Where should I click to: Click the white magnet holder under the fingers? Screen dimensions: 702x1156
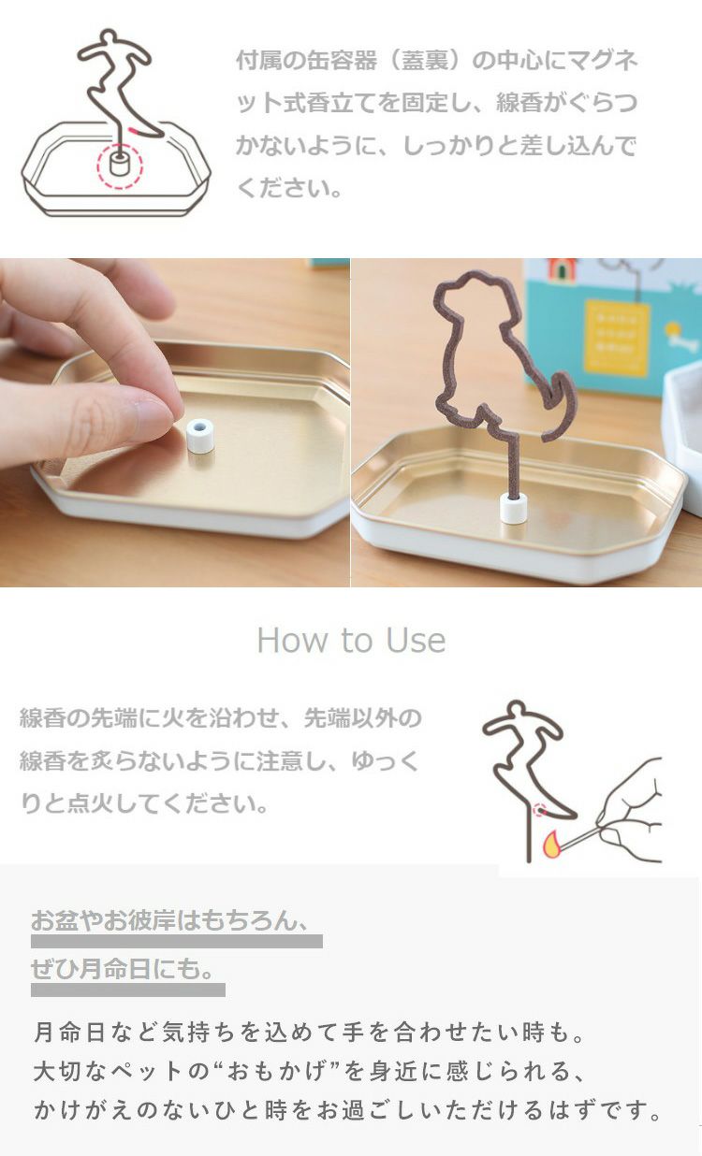[x=200, y=436]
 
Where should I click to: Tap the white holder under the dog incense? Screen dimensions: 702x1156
[x=514, y=509]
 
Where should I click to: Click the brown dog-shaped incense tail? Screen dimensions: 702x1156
[x=560, y=406]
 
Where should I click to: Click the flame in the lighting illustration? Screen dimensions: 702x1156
[x=552, y=844]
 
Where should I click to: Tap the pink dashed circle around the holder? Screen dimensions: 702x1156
[x=120, y=166]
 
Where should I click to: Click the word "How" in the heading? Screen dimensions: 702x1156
[x=291, y=641]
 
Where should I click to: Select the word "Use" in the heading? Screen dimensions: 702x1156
[x=416, y=641]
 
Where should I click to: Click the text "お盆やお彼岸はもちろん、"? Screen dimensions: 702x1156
[x=170, y=920]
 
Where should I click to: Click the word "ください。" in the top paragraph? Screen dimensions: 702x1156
[x=290, y=188]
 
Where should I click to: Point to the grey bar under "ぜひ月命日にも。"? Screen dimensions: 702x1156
[x=128, y=990]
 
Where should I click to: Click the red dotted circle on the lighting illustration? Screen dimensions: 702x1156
[x=540, y=810]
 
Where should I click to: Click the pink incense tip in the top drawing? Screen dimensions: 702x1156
[x=134, y=130]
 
